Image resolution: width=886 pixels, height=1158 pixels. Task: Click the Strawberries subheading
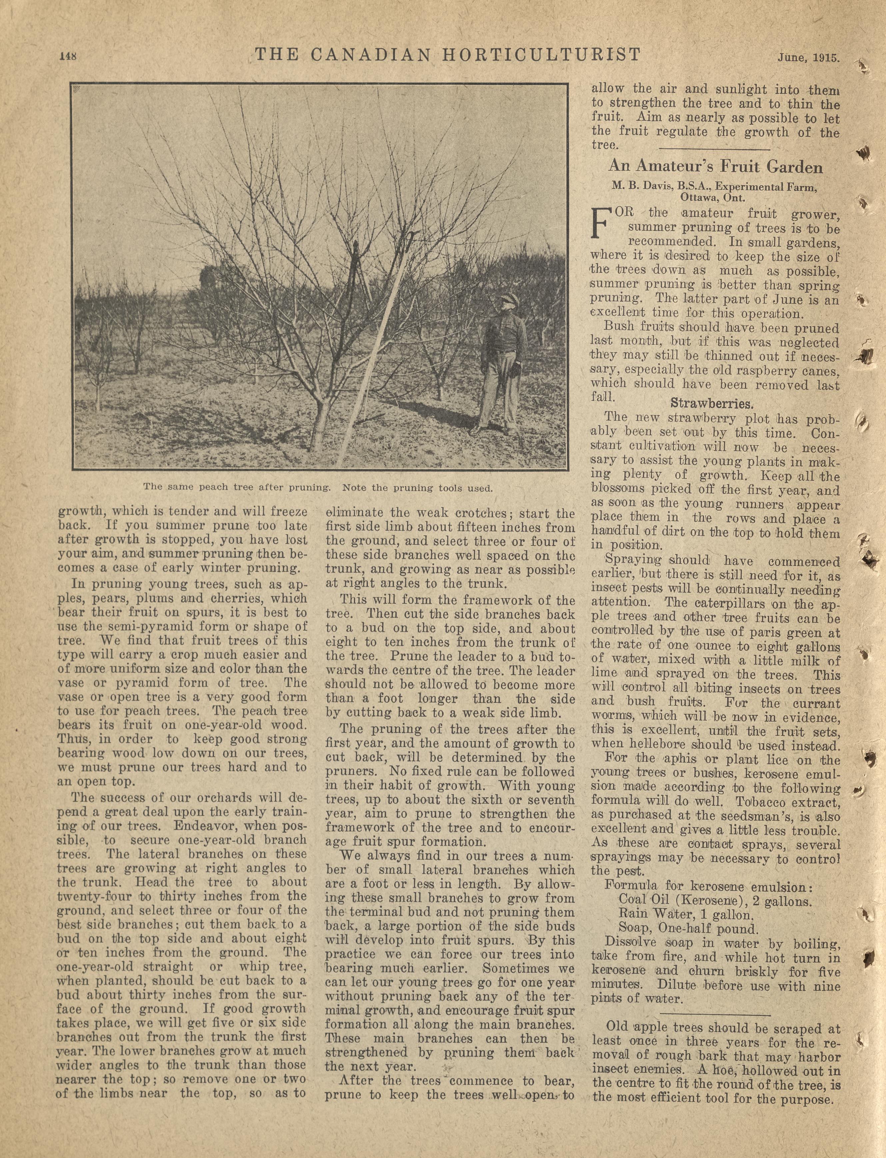point(711,404)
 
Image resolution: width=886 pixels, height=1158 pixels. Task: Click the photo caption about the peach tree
point(318,488)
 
